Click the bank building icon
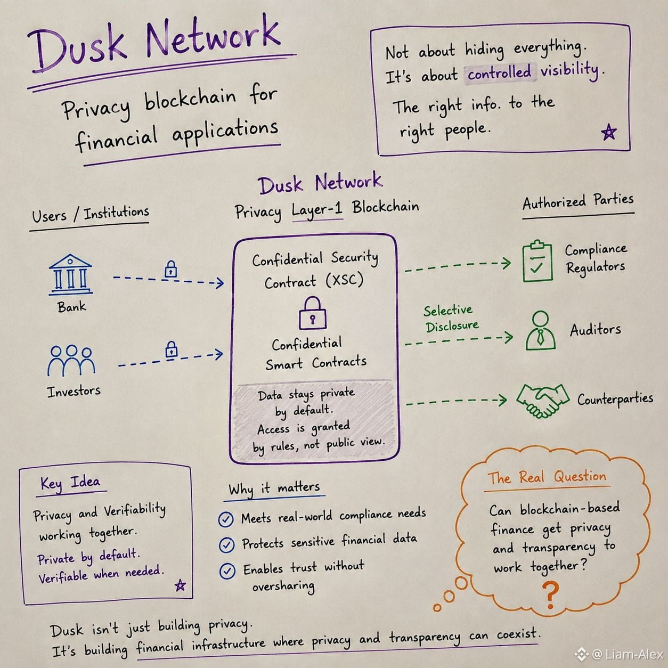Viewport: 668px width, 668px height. (70, 274)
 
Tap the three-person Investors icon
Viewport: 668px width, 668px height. (71, 361)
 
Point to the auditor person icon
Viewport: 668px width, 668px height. (541, 330)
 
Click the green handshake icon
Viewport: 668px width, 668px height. (542, 401)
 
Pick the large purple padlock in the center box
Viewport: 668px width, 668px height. (312, 313)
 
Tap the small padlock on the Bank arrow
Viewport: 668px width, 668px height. (170, 269)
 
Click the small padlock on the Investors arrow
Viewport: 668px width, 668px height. (171, 349)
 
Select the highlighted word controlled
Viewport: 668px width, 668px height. (500, 73)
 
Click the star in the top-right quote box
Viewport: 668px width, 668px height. (609, 132)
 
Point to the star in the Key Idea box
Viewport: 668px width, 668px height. (180, 585)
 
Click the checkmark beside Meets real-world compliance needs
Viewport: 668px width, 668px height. (226, 519)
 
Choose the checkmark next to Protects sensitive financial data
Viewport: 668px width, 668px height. (227, 544)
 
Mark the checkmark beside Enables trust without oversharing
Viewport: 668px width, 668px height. (227, 571)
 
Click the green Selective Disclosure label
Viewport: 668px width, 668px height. (451, 319)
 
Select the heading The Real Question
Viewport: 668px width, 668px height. (547, 478)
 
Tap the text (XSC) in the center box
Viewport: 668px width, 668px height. (344, 280)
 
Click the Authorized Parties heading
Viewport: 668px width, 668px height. (578, 202)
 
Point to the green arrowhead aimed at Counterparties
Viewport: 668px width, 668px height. (503, 400)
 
